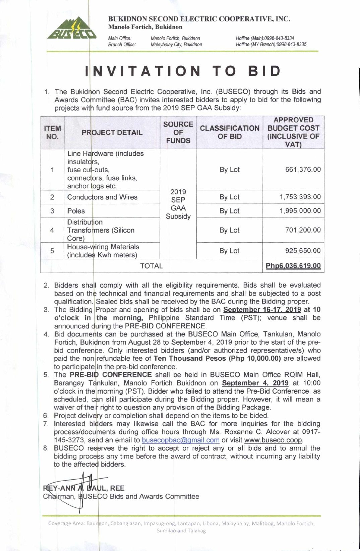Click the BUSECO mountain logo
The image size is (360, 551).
[72, 28]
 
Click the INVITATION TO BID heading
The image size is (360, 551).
[183, 71]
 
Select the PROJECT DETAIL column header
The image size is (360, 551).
[112, 132]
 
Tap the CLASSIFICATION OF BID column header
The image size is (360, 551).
[230, 132]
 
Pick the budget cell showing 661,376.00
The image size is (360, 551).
[303, 170]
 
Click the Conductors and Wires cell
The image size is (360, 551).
[102, 197]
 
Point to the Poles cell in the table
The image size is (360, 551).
[76, 211]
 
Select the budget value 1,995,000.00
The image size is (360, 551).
[300, 211]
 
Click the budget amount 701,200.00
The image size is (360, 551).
[303, 230]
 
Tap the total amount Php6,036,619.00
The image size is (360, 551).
[293, 266]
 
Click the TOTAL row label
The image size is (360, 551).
[152, 266]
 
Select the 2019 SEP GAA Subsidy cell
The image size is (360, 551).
[178, 204]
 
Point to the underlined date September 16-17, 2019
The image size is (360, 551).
[262, 310]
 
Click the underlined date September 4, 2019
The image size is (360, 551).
[255, 383]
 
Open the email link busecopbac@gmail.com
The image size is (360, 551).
[181, 440]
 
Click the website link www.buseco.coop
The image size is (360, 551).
[273, 440]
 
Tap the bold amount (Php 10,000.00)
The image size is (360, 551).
[254, 359]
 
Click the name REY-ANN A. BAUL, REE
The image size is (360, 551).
[84, 488]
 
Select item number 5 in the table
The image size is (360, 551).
[52, 251]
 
